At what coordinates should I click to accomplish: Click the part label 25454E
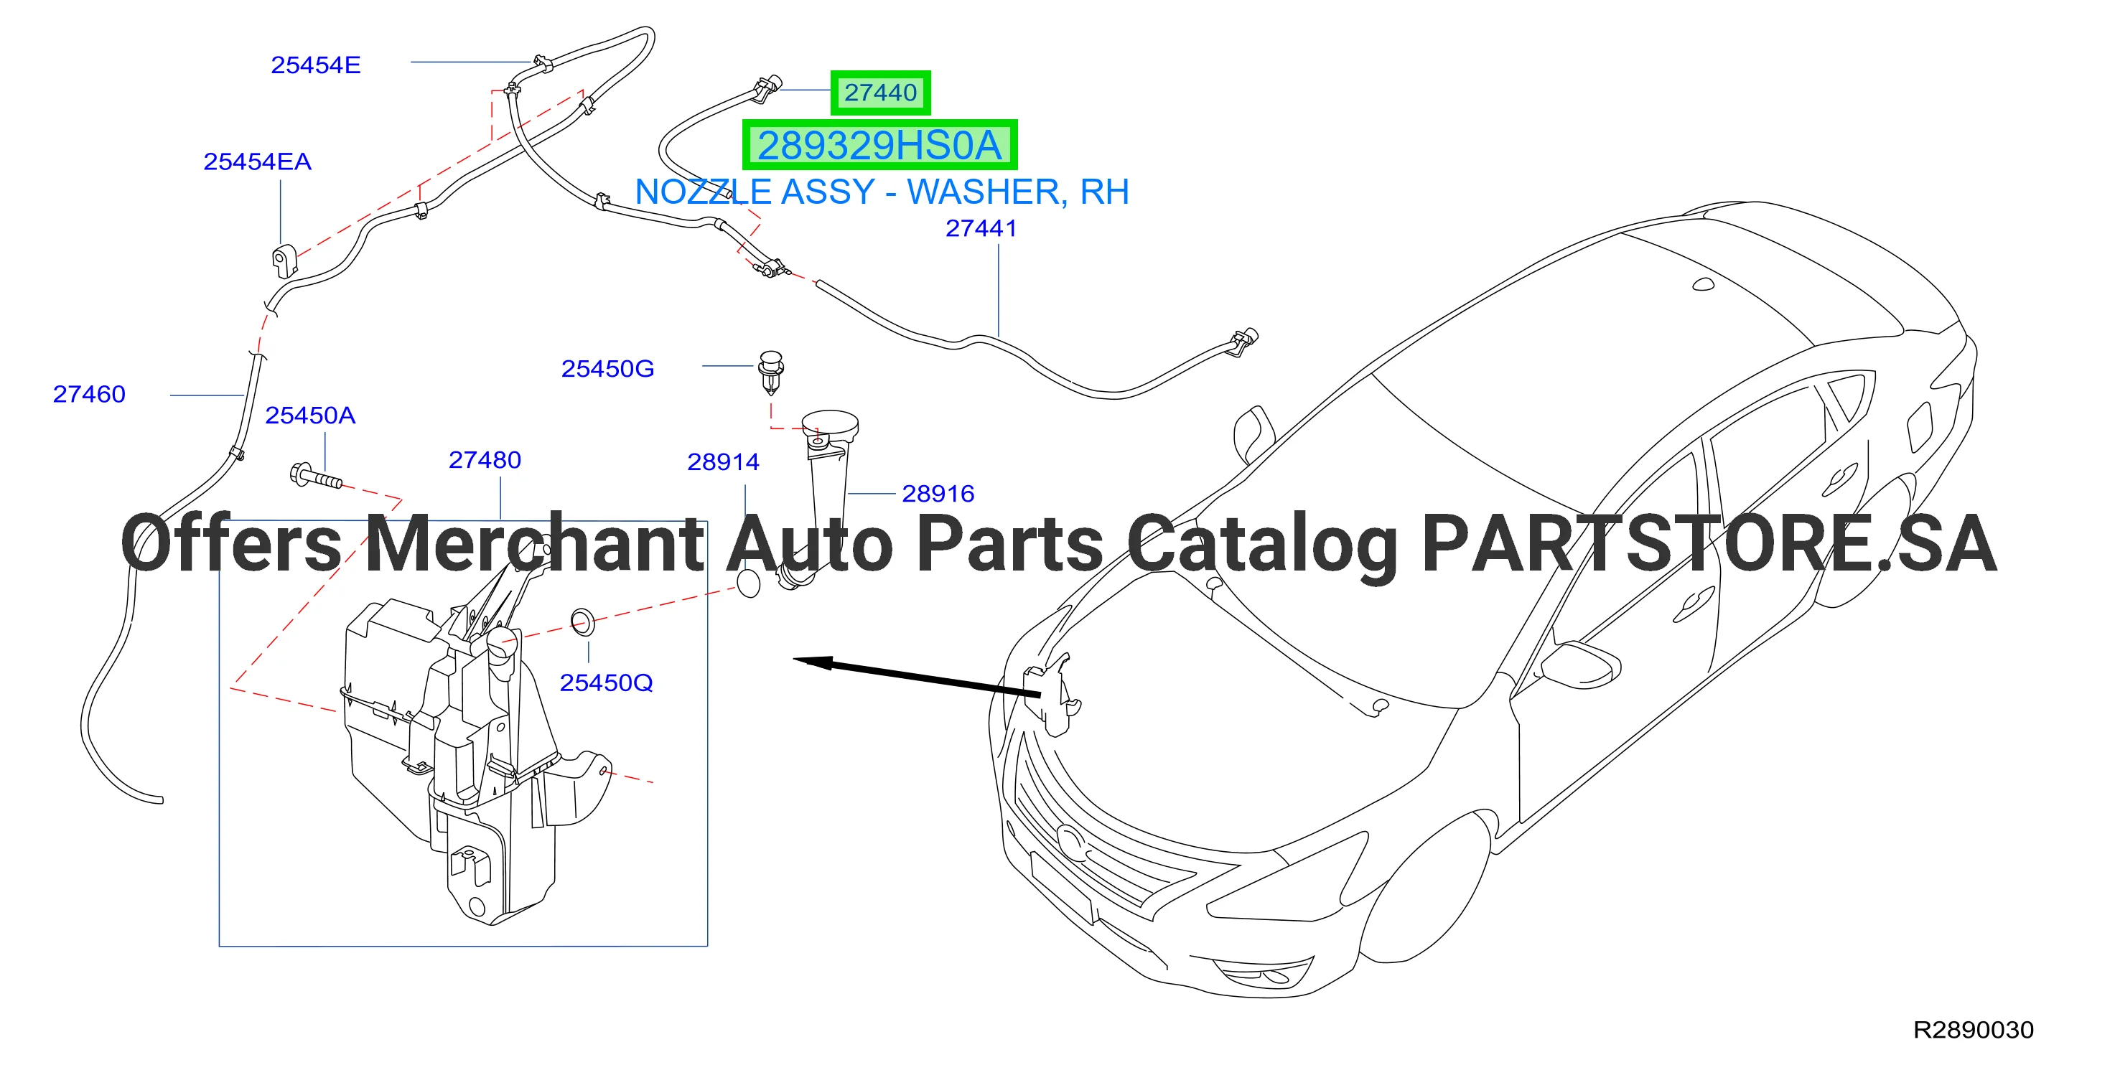(x=316, y=65)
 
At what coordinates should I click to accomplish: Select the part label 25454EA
(x=258, y=161)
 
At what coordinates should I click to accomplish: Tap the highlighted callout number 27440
(x=881, y=93)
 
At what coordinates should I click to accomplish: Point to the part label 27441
(x=981, y=228)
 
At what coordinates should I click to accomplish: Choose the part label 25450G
(x=607, y=368)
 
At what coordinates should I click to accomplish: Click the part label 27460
(x=90, y=394)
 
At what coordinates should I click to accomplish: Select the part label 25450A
(x=310, y=416)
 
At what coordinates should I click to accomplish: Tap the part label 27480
(x=485, y=459)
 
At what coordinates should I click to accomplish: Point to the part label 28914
(x=724, y=462)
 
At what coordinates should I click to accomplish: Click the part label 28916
(x=938, y=493)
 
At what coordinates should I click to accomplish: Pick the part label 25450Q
(x=607, y=682)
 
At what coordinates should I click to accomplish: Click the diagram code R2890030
(x=1974, y=1030)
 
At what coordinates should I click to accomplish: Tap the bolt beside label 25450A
(x=315, y=476)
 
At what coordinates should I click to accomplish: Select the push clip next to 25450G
(x=771, y=374)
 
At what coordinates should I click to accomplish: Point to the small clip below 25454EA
(x=284, y=260)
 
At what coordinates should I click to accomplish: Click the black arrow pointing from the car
(x=916, y=677)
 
